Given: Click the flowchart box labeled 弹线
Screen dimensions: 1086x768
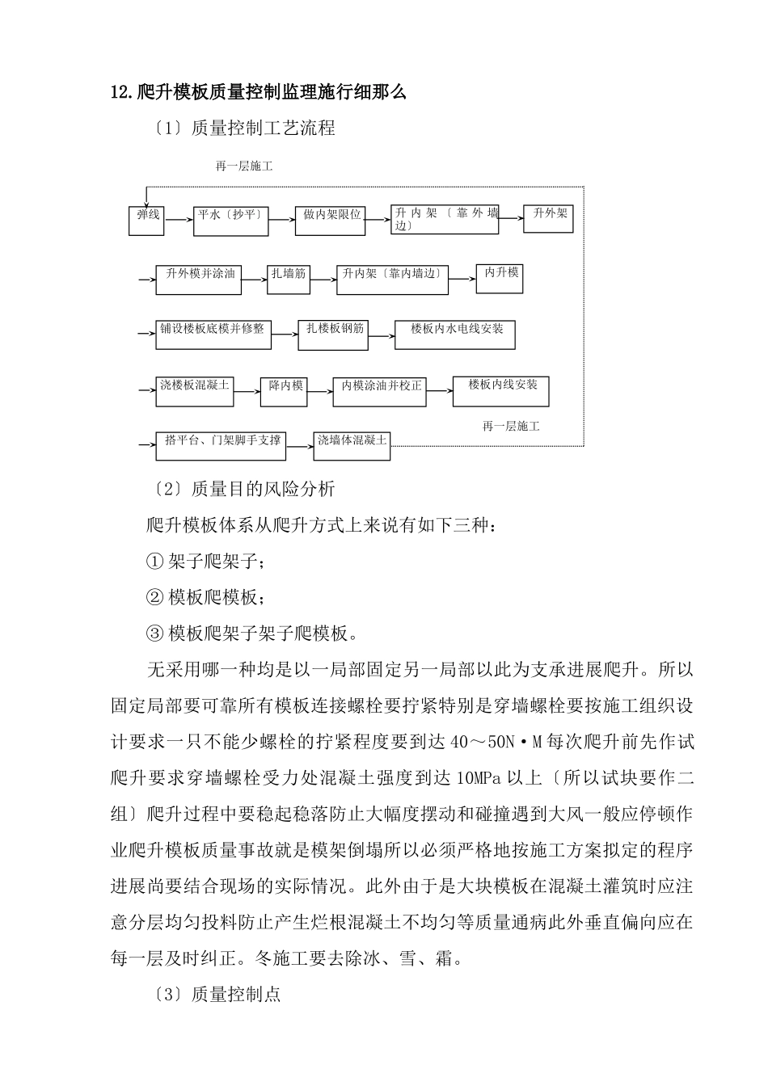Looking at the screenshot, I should pos(146,221).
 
